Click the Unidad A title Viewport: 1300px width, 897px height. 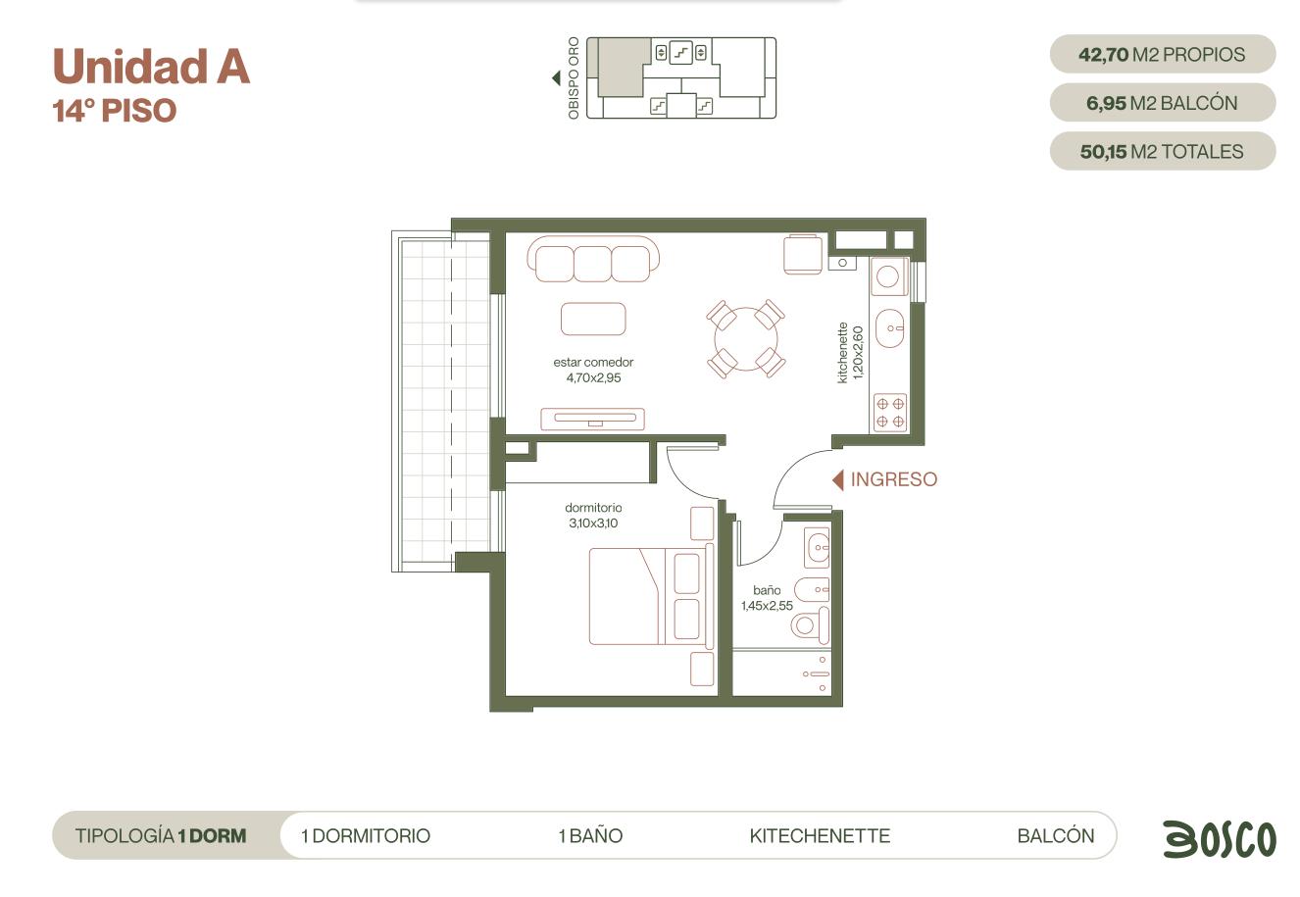(152, 66)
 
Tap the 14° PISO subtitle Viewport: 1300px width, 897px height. (115, 110)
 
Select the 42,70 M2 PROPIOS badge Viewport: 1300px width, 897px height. (1163, 54)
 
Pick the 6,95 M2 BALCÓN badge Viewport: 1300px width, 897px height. (1163, 103)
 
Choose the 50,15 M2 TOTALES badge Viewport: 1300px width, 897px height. (1163, 151)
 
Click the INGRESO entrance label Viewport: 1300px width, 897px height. (894, 479)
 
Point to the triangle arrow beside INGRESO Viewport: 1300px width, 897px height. (838, 479)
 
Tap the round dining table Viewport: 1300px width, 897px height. (746, 339)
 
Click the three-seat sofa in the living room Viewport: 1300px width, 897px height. (593, 259)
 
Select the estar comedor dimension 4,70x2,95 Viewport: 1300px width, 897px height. (594, 377)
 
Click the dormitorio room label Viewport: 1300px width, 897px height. (593, 507)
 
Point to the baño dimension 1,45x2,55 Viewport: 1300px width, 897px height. (767, 606)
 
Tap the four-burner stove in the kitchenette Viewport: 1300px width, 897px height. (890, 413)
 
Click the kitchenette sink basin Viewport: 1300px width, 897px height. (889, 328)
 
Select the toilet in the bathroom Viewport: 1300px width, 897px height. (810, 624)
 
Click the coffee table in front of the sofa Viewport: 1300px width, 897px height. (593, 320)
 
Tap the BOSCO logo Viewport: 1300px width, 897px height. (1220, 838)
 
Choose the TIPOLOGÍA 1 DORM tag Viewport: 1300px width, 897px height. (161, 835)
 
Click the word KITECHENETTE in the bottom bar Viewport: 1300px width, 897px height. (820, 835)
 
